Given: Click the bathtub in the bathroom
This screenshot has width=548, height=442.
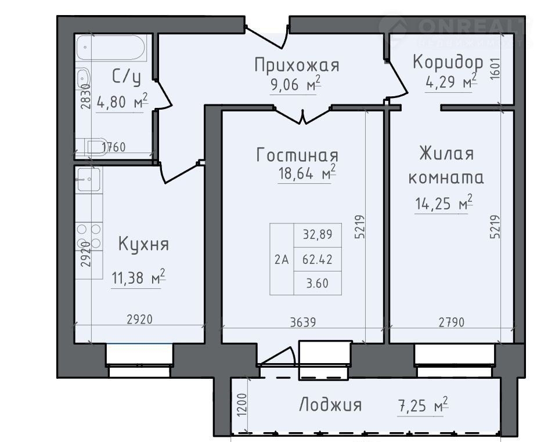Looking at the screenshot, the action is pos(110,48).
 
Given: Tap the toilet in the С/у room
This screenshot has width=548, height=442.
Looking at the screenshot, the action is pos(91,147).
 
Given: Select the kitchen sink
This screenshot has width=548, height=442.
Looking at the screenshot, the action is pos(89,179).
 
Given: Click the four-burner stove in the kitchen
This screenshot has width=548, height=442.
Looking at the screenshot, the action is pos(89,236).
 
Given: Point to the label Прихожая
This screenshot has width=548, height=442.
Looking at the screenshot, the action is pos(297,66).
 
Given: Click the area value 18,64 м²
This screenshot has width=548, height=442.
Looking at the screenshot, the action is pos(307,173).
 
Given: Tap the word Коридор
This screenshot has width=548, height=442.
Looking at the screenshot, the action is pos(448,62).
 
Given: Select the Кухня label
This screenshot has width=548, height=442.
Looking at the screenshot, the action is pos(143,244).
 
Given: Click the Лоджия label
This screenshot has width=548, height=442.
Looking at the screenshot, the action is pos(330,405).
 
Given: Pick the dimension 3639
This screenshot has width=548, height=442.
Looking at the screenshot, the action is pos(303,322).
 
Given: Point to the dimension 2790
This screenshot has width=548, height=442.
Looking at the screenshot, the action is pos(452,322).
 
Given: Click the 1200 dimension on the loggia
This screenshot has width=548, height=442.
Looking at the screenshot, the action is pos(241,405).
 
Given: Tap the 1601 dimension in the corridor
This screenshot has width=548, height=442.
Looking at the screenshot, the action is pos(495,69).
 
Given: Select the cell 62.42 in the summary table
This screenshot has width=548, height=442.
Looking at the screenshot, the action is pos(318,259).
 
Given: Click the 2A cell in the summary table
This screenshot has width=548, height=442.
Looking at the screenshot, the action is pos(282,259).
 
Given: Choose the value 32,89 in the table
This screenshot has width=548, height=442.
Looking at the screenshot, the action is pos(318,234).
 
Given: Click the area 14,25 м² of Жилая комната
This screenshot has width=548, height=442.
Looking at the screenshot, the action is pos(444,203).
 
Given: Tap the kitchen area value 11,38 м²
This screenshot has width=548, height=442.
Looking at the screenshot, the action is pos(138,278).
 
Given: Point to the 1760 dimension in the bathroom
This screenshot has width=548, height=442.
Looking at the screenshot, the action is pos(114,147).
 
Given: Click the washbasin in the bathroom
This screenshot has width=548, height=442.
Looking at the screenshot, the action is pos(83,79).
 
